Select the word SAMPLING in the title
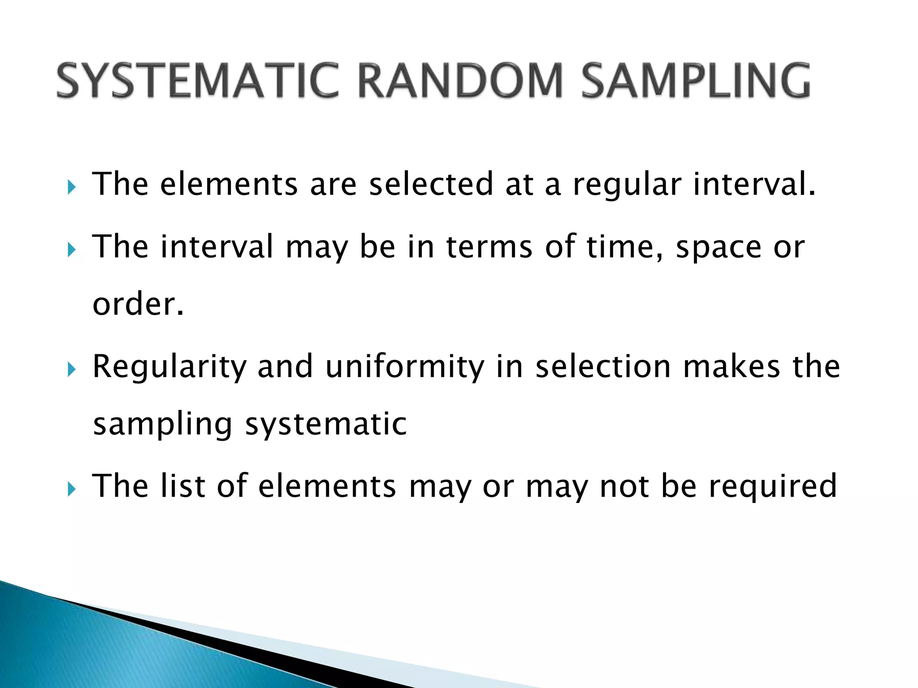[696, 81]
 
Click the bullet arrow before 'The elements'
[71, 187]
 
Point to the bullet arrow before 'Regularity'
[71, 369]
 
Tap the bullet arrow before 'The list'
[71, 489]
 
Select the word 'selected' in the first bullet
[431, 184]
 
